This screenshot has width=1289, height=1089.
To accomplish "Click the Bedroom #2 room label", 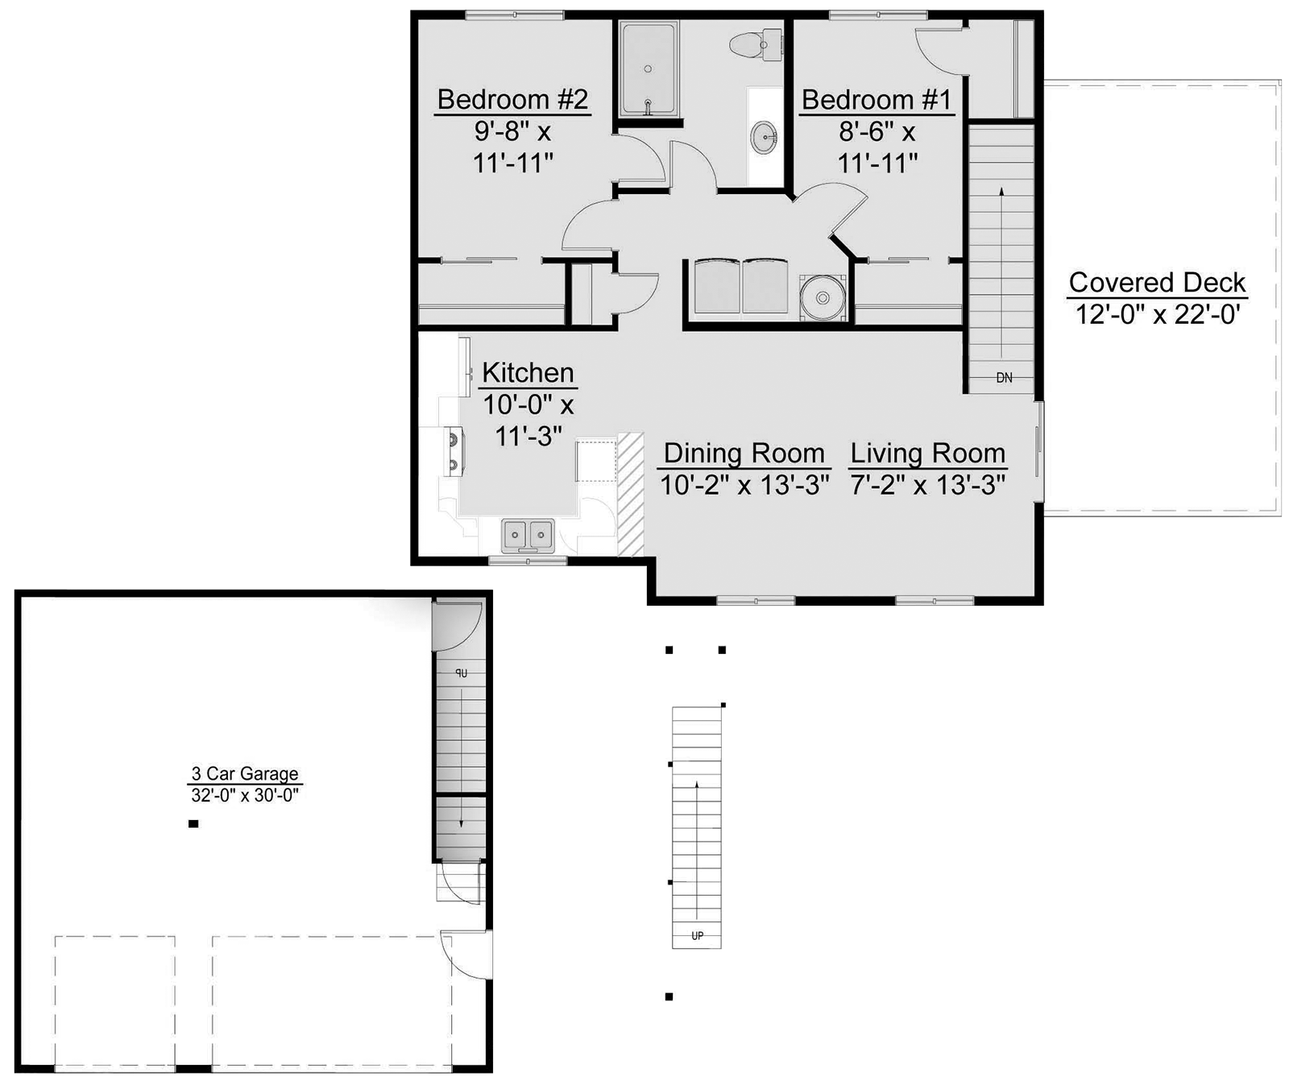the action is tap(512, 99).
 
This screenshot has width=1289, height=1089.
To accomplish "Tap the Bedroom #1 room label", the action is tap(877, 99).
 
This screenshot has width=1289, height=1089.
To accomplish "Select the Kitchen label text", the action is tap(528, 372).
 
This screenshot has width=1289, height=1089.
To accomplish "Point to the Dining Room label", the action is tap(744, 453).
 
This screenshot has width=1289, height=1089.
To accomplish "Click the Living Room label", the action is tap(928, 453).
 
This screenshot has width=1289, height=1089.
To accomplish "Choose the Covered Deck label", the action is tap(1157, 282).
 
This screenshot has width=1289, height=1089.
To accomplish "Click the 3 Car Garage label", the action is tap(245, 773).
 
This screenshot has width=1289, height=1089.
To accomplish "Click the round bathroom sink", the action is tap(765, 138).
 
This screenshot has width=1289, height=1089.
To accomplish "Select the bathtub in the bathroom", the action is tap(649, 69).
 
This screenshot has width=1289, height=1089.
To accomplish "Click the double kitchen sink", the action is tap(528, 535).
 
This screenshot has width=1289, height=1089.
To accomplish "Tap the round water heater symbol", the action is tap(823, 298).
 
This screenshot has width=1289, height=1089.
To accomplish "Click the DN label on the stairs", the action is tap(1004, 377).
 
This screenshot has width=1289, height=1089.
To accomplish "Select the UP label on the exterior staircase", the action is tap(697, 936).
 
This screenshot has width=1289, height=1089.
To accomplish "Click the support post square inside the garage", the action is tap(193, 824).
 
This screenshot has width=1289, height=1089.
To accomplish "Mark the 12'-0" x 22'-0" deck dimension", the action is tap(1157, 314).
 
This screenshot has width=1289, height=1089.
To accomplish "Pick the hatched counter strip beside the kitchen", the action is tap(630, 495).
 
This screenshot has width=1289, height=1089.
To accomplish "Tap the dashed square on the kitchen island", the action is tap(595, 461).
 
